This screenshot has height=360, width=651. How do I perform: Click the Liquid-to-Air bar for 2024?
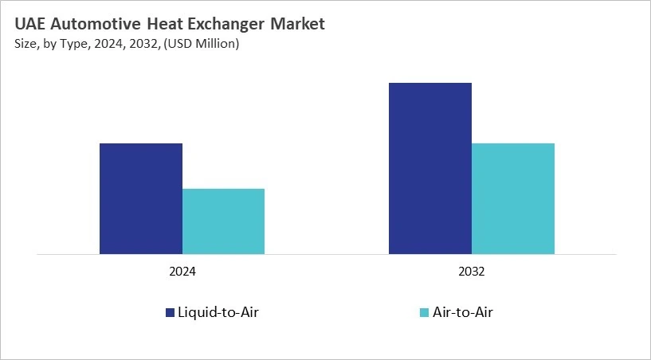pyautogui.click(x=141, y=199)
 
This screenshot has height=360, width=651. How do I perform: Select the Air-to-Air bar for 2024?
pyautogui.click(x=223, y=221)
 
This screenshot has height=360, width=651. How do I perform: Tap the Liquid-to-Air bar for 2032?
pyautogui.click(x=430, y=169)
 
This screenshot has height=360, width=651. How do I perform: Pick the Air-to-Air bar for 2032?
pyautogui.click(x=512, y=199)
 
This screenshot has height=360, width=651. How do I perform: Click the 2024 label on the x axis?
pyautogui.click(x=182, y=272)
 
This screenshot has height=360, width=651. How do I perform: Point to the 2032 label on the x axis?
pyautogui.click(x=471, y=272)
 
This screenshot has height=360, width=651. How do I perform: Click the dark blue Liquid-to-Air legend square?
pyautogui.click(x=170, y=312)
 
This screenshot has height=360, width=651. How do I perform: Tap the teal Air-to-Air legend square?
pyautogui.click(x=424, y=312)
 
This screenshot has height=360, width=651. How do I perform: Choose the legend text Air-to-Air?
pyautogui.click(x=464, y=312)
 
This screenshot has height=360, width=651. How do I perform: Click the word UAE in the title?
pyautogui.click(x=30, y=24)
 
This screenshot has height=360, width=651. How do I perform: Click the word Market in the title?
pyautogui.click(x=297, y=24)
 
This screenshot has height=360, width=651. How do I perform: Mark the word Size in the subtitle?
pyautogui.click(x=25, y=44)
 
